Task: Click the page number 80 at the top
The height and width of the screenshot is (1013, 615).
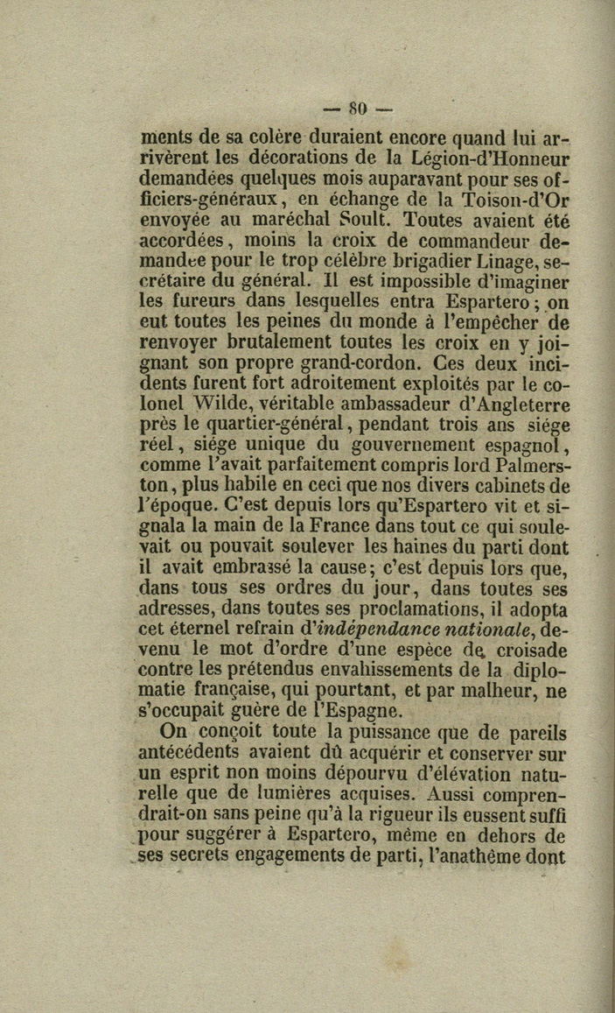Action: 359,109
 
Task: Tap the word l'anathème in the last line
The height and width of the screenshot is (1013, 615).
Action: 481,856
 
